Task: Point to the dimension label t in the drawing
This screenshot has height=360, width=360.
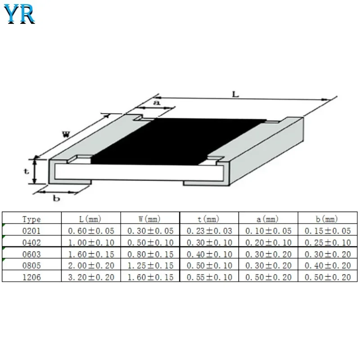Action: (27, 171)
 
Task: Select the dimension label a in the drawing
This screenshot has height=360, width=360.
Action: (157, 103)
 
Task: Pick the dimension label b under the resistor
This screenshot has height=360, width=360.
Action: (57, 198)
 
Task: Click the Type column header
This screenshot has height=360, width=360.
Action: (31, 219)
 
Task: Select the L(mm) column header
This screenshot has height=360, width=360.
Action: (90, 219)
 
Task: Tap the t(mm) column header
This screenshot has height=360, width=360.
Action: (209, 219)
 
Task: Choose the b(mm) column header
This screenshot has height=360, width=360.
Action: (327, 219)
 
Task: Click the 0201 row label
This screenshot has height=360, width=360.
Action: (31, 231)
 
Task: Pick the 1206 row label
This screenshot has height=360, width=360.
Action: (31, 277)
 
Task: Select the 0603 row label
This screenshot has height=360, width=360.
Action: (31, 254)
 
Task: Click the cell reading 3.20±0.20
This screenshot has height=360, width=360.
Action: (91, 277)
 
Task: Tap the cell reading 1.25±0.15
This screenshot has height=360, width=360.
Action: (150, 265)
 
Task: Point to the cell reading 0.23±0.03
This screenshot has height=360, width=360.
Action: (209, 231)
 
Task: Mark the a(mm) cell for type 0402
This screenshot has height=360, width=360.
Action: (268, 243)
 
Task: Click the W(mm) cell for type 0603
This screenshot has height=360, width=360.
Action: (150, 254)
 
